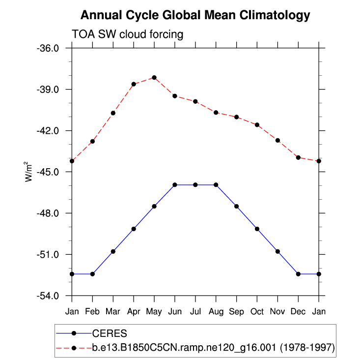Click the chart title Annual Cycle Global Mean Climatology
[x=195, y=15]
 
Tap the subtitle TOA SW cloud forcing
[x=128, y=34]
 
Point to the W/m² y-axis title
[x=30, y=172]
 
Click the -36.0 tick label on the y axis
[x=49, y=48]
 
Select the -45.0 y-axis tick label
[x=49, y=172]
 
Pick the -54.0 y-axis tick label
[x=49, y=296]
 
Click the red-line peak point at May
[x=154, y=77]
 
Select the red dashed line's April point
[x=134, y=84]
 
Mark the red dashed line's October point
[x=257, y=125]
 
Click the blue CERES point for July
[x=195, y=185]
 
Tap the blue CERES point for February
[x=92, y=274]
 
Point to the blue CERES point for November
[x=278, y=251]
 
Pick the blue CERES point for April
[x=134, y=229]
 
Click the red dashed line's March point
[x=113, y=113]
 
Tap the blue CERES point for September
[x=237, y=206]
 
